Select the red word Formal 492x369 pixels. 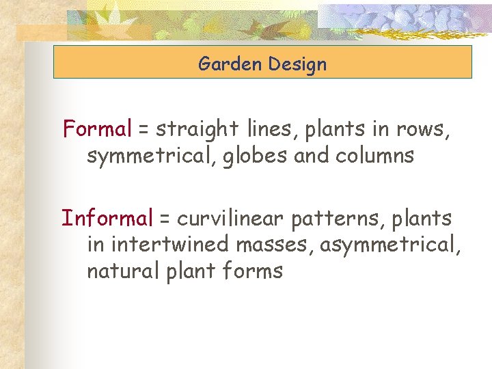(x=96, y=128)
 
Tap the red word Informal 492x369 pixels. (x=107, y=218)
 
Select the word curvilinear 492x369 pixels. (x=231, y=219)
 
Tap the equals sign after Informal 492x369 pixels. (x=165, y=219)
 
